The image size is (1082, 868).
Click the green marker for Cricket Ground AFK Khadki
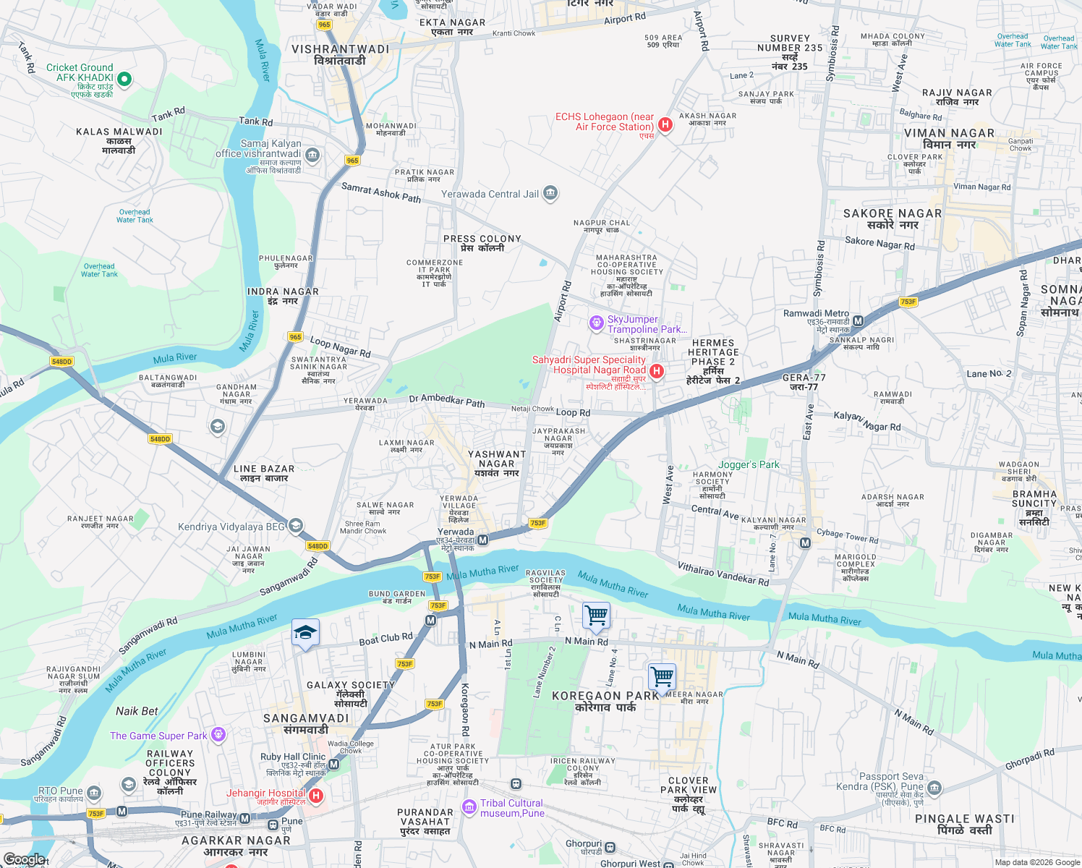tap(124, 78)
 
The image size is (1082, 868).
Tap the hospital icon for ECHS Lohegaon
tap(665, 124)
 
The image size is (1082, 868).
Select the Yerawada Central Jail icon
tap(550, 193)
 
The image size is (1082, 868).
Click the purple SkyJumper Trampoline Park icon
tap(596, 323)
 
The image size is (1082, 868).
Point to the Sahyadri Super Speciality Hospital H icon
tap(656, 371)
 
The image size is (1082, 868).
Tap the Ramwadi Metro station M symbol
tap(858, 320)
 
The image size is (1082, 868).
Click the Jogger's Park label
tap(749, 464)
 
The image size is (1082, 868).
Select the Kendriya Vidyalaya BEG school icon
tap(295, 526)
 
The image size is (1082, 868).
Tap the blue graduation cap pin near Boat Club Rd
tap(305, 633)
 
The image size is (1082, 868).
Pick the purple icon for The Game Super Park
tap(218, 736)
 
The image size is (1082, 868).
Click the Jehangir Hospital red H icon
tap(315, 796)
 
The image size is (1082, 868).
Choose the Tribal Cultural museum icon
tap(469, 806)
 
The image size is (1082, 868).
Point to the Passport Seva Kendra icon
tap(934, 787)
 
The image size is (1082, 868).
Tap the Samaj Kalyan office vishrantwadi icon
tap(312, 154)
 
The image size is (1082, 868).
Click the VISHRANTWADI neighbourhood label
tap(340, 54)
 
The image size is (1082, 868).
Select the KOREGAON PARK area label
tap(605, 701)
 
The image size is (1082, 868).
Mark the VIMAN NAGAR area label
tap(949, 138)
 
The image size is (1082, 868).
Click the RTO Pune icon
tap(94, 793)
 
